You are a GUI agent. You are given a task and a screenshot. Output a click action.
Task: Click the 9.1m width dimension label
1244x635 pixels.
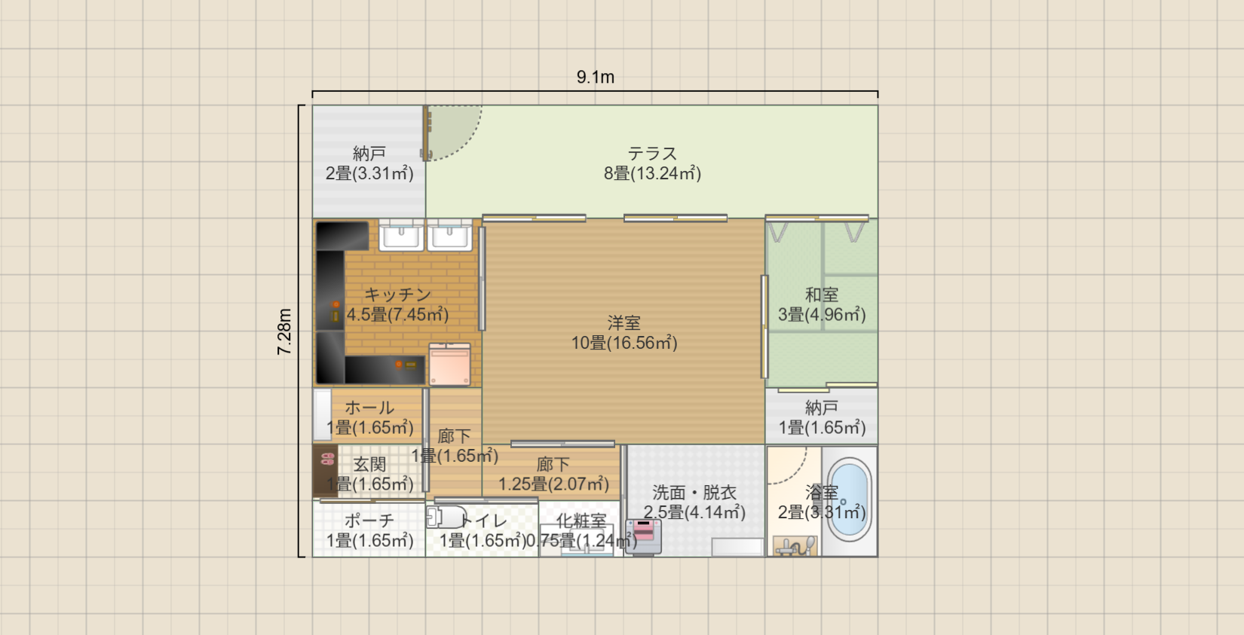pyautogui.click(x=596, y=77)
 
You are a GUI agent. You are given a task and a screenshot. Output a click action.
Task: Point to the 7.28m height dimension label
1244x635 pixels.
pyautogui.click(x=284, y=331)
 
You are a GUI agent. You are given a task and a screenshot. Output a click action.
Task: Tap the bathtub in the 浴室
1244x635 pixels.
pyautogui.click(x=849, y=500)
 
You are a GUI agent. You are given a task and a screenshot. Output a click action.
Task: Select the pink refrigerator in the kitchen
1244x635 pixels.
pyautogui.click(x=450, y=364)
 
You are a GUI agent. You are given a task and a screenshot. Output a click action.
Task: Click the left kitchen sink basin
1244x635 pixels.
pyautogui.click(x=402, y=235)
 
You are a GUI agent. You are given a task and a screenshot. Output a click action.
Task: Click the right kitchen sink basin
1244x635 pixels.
pyautogui.click(x=449, y=235)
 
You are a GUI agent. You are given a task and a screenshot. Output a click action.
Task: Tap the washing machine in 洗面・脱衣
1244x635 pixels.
pyautogui.click(x=644, y=537)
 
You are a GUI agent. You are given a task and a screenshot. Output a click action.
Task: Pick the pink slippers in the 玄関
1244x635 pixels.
pyautogui.click(x=328, y=459)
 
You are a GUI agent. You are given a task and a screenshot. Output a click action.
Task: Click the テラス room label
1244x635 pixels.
pyautogui.click(x=653, y=153)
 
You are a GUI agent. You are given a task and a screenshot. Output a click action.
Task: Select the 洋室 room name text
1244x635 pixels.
pyautogui.click(x=624, y=322)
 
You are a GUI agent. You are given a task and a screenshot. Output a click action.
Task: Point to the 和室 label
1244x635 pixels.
pyautogui.click(x=822, y=295)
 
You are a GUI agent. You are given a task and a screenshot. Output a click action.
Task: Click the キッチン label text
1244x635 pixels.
pyautogui.click(x=397, y=295)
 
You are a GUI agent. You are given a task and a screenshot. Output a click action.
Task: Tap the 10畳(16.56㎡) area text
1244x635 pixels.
pyautogui.click(x=624, y=343)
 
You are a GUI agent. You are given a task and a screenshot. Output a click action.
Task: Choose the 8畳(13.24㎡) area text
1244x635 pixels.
pyautogui.click(x=653, y=173)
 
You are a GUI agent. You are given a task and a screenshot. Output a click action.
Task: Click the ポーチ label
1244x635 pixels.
pyautogui.click(x=369, y=520)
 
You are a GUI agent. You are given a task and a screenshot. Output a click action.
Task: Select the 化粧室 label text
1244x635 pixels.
pyautogui.click(x=581, y=520)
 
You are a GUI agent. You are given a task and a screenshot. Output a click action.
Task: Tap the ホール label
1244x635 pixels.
pyautogui.click(x=369, y=408)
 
